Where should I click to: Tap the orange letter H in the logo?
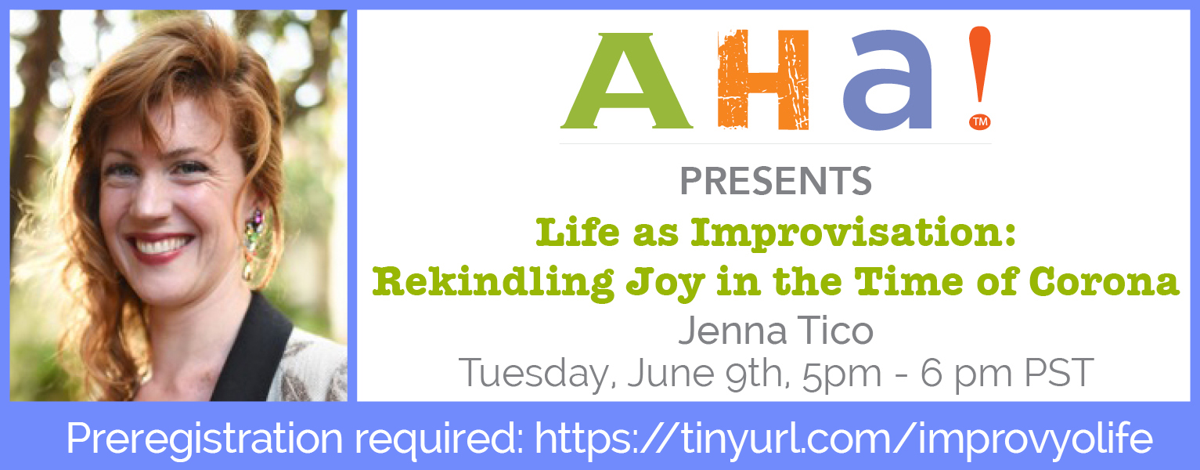coord(763,79)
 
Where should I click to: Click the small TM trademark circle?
coord(980,121)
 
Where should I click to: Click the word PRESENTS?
coord(776,181)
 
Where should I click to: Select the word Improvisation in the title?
coord(853,234)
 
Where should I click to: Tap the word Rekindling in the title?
coord(493,283)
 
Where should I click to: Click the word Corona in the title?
coord(1104,283)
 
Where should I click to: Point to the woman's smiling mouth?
coord(161,247)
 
